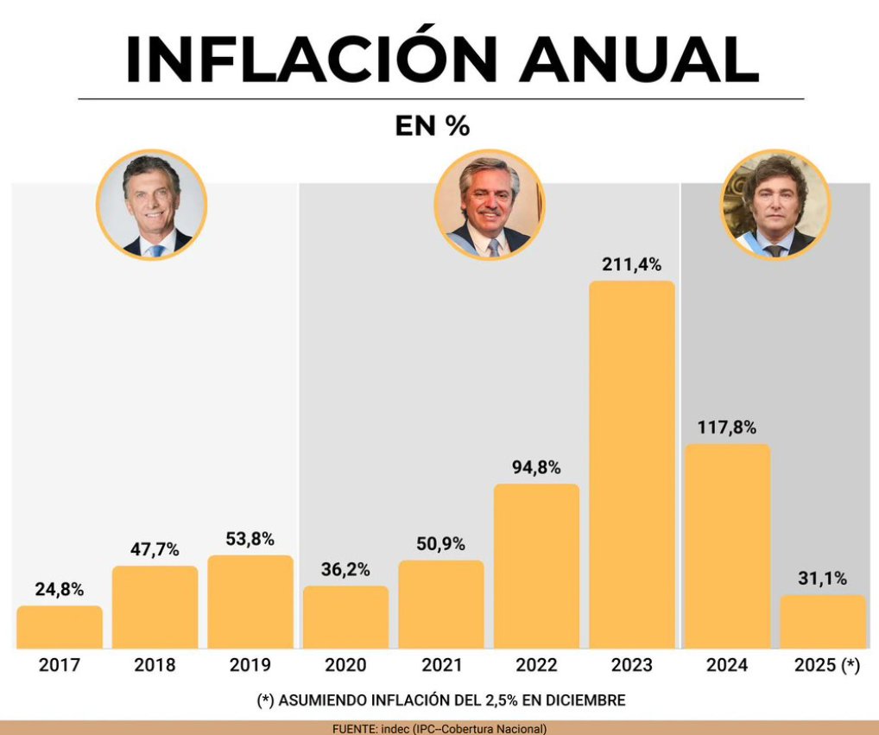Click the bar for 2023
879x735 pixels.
[631, 465]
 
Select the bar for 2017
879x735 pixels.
[60, 627]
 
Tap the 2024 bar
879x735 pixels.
[727, 546]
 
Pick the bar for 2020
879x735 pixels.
[345, 618]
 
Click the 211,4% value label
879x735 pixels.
[631, 264]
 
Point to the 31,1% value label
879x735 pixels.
[822, 578]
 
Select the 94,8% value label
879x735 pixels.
[536, 467]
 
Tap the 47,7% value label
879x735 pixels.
[155, 549]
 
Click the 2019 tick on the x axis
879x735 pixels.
[250, 665]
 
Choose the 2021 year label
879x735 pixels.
[441, 665]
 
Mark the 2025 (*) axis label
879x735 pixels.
[825, 665]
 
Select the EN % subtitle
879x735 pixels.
[432, 126]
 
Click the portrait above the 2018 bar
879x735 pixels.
[151, 205]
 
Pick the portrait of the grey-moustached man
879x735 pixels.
[489, 205]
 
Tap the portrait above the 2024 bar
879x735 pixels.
[775, 205]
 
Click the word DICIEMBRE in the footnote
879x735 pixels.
[583, 700]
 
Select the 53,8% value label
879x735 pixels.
[250, 539]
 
